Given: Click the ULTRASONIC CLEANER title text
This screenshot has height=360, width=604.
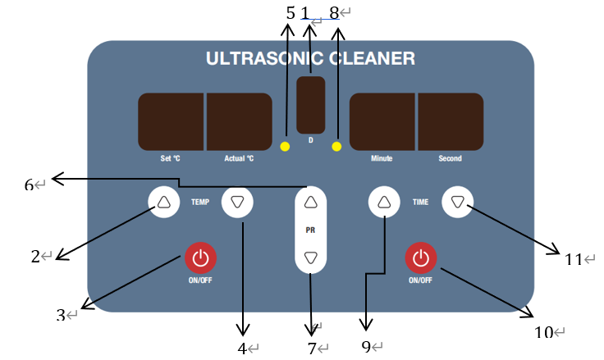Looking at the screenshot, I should (x=310, y=59).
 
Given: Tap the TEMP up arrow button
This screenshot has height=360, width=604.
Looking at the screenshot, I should (x=163, y=201).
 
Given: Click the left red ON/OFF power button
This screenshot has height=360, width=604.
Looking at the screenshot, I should (x=199, y=258).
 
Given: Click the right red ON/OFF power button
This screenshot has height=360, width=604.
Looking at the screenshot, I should (x=420, y=258).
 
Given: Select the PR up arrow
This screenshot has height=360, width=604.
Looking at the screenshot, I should (x=310, y=201).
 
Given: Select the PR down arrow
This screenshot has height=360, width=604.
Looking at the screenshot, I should (x=310, y=257).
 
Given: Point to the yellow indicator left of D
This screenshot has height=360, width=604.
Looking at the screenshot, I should (x=285, y=147).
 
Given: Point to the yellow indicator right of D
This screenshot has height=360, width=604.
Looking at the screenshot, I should (x=336, y=147).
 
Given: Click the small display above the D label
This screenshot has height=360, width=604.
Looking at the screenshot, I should (x=310, y=104).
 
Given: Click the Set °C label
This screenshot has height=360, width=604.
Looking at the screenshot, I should (x=171, y=158).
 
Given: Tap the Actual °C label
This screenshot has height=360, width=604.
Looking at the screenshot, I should (x=239, y=158).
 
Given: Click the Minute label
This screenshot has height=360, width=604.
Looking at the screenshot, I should (x=382, y=158).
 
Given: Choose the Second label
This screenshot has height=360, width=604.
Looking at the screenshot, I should (x=450, y=158).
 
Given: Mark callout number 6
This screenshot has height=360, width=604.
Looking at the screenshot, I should (x=29, y=185).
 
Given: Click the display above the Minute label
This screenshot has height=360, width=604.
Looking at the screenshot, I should (x=382, y=121).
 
